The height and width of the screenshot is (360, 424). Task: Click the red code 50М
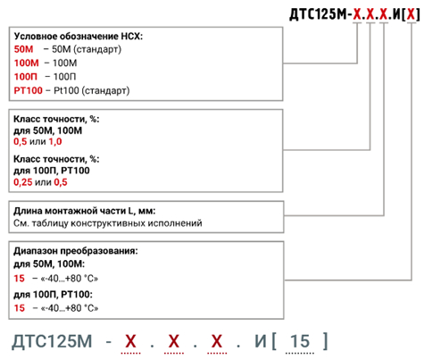pos(24,49)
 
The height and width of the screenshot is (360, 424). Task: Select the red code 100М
pos(27,63)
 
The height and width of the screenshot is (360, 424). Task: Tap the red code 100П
pos(26,77)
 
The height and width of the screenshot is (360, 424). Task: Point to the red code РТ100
pos(29,90)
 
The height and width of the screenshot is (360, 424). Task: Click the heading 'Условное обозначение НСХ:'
pos(79,36)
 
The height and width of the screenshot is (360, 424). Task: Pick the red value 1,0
pos(55,141)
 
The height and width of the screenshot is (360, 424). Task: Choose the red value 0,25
pos(23,182)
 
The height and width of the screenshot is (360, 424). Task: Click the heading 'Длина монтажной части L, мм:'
pos(85,211)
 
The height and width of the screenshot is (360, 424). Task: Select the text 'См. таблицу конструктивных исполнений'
pos(108,223)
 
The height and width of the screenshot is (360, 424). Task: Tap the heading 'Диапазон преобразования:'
pos(76,251)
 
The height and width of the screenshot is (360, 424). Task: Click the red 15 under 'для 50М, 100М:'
pos(20,279)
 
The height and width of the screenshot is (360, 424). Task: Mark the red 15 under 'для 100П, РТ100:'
pos(20,307)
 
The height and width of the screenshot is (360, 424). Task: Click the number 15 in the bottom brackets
pos(300,341)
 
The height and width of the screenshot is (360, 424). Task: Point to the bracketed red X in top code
pos(412,13)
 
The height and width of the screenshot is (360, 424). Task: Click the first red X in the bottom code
pos(130,341)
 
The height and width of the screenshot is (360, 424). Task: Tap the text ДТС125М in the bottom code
pos(52,341)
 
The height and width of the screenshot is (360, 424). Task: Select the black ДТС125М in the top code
pos(317,14)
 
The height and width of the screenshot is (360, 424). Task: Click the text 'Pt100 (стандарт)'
pos(92,90)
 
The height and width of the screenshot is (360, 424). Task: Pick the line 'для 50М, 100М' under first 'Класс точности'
pos(47,130)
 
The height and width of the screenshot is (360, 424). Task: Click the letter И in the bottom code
pos(261,341)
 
